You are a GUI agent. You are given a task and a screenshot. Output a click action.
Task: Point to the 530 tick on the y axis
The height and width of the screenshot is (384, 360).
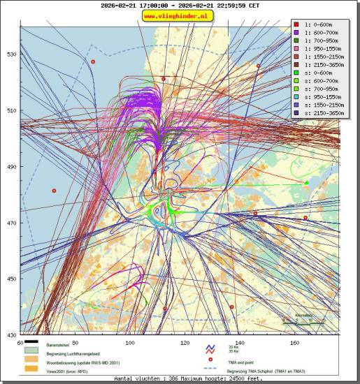point(12,54)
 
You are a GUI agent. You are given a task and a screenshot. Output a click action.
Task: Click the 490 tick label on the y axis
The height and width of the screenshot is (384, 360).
point(12,167)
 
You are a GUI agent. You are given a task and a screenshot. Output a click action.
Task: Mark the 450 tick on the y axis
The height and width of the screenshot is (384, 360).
point(12,279)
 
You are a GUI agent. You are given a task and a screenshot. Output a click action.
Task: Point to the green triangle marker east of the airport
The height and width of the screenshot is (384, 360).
point(306,182)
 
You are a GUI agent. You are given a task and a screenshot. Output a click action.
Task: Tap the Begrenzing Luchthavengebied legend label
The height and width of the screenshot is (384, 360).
point(76,353)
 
